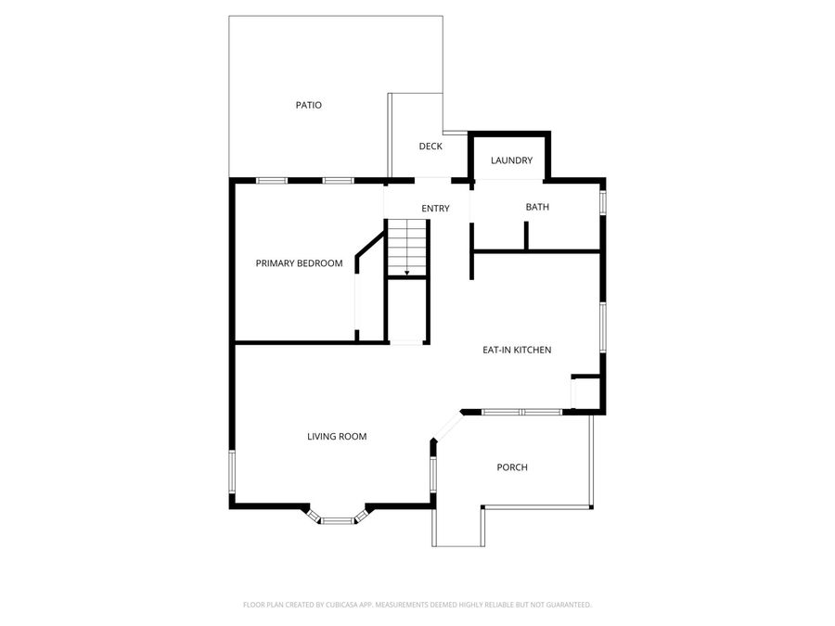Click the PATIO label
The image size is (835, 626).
coord(309,106)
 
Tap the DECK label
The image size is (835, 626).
coord(430,147)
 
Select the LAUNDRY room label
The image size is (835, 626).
coord(512,160)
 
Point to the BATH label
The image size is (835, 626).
coord(537,207)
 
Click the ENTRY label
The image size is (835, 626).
coord(435,209)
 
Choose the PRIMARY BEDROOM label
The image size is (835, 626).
coord(299,263)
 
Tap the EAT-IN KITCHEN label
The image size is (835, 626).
coord(517,350)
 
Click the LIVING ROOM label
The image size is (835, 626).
coord(338,436)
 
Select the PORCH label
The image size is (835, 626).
coord(512,467)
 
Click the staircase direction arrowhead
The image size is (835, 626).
coord(406,273)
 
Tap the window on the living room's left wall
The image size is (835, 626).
coord(232,475)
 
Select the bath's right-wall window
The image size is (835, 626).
coord(603,201)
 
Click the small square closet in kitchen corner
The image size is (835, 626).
coord(586,393)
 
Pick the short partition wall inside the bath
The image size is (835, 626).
coord(526,236)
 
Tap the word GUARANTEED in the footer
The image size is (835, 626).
coord(566,605)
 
